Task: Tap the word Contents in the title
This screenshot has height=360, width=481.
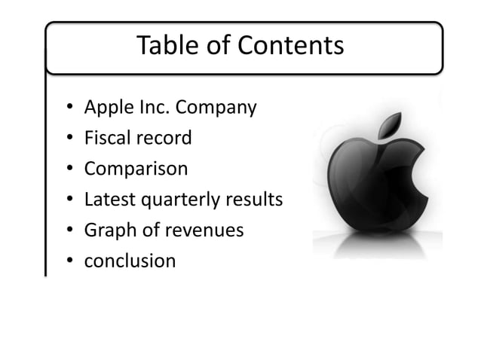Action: tap(299, 47)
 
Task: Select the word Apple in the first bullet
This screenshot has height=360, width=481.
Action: tap(105, 108)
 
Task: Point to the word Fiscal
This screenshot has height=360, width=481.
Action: tap(103, 139)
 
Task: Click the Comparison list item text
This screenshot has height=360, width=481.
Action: tap(136, 169)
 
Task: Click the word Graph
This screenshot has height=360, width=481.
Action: tap(106, 230)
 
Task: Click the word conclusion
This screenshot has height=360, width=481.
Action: tap(130, 261)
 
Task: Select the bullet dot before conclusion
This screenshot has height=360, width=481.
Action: tap(69, 261)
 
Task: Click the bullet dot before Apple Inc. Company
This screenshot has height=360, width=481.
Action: tap(69, 109)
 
